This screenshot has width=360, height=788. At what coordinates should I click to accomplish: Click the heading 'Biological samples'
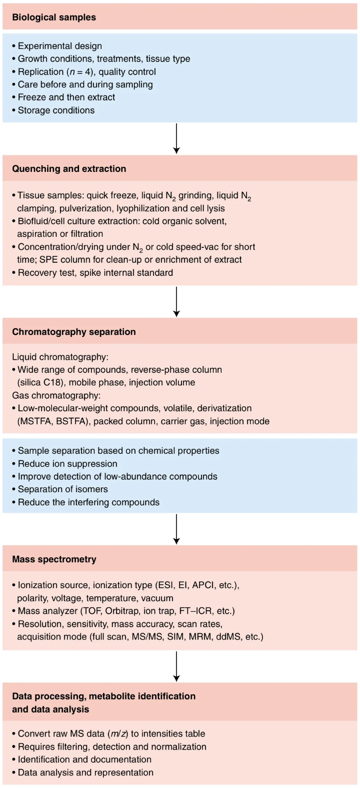pyautogui.click(x=54, y=17)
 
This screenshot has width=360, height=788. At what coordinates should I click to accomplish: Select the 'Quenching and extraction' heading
pyautogui.click(x=69, y=168)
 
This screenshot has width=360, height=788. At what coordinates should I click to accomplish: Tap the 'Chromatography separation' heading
pyautogui.click(x=74, y=332)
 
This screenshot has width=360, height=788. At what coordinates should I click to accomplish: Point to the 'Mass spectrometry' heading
pyautogui.click(x=54, y=559)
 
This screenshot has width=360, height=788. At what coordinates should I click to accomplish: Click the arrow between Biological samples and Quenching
pyautogui.click(x=176, y=138)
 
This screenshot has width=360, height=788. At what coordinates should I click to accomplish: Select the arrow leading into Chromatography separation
pyautogui.click(x=176, y=302)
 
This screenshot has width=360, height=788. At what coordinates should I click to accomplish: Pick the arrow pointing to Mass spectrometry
pyautogui.click(x=176, y=529)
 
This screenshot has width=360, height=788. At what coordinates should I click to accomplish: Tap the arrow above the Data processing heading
pyautogui.click(x=176, y=666)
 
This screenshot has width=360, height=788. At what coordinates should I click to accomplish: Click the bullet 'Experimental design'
pyautogui.click(x=57, y=46)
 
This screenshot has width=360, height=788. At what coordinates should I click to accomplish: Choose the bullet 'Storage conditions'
pyautogui.click(x=53, y=110)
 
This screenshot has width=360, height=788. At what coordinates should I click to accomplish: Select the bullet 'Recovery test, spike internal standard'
pyautogui.click(x=92, y=273)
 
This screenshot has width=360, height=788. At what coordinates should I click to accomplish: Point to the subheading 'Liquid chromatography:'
pyautogui.click(x=60, y=357)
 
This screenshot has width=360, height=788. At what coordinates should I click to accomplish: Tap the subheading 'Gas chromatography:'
pyautogui.click(x=56, y=395)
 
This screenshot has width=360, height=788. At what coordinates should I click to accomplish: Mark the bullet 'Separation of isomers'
pyautogui.click(x=60, y=489)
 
